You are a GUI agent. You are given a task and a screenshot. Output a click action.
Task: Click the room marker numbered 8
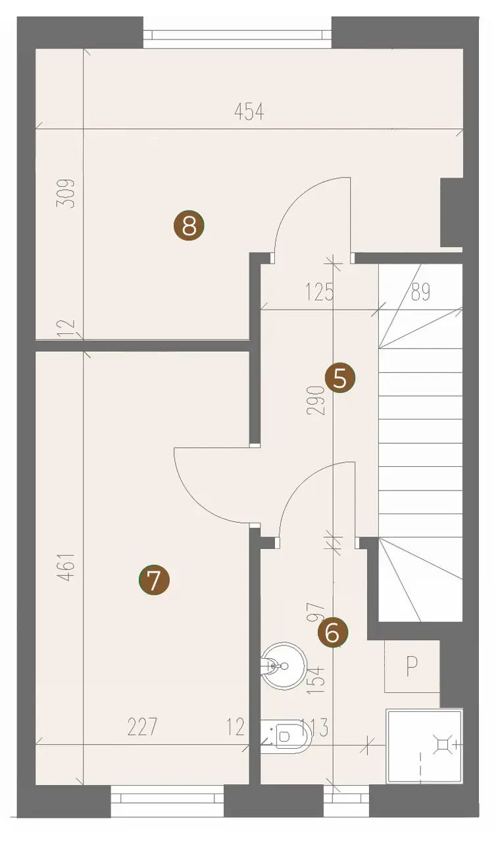[x=189, y=225]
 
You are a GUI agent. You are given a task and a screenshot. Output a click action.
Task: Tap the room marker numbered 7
[x=154, y=581]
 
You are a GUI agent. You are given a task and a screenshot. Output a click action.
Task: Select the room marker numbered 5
[x=339, y=378]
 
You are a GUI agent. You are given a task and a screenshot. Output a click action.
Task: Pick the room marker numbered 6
[x=333, y=632]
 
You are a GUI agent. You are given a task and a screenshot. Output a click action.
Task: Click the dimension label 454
[x=249, y=112]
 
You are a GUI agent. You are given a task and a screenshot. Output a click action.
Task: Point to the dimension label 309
[x=66, y=193]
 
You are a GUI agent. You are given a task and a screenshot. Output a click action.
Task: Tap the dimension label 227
[x=142, y=726]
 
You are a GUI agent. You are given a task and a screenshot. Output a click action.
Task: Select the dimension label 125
[x=320, y=292]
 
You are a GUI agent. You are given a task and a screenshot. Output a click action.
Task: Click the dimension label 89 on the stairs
[x=421, y=292]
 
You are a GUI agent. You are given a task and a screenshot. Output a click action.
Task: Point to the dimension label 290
[x=316, y=400]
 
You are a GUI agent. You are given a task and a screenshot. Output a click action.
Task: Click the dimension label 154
[x=316, y=680]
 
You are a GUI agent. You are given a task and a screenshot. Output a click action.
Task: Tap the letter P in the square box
[x=412, y=667]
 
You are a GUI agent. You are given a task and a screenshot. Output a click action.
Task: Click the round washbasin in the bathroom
[x=284, y=666]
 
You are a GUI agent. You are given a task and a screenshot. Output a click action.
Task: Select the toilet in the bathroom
[x=286, y=736]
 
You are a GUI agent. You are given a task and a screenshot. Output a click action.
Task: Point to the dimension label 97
[x=316, y=613]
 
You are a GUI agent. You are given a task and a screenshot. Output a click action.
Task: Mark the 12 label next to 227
[x=236, y=727]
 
